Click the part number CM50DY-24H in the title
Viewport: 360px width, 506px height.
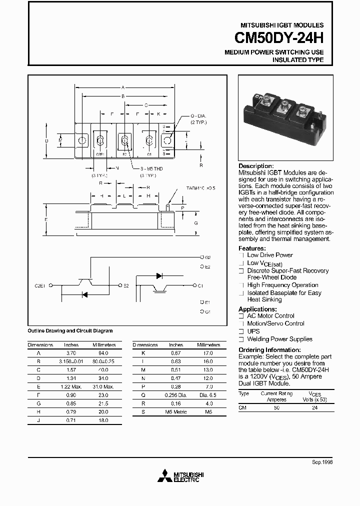(279, 38)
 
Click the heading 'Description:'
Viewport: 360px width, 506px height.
(256, 166)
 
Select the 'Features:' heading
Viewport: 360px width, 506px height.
(252, 248)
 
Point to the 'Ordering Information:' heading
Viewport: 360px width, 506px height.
(269, 350)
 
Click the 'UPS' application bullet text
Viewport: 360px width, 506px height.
(253, 331)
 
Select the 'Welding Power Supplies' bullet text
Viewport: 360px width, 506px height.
(279, 339)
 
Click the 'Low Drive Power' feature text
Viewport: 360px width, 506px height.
(270, 255)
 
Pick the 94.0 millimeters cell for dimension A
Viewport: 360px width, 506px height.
(103, 353)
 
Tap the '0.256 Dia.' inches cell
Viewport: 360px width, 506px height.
(175, 395)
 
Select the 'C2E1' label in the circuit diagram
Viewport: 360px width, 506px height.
(40, 285)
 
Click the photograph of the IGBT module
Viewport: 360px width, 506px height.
(285, 118)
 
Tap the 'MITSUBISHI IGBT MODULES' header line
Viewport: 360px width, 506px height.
(282, 25)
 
